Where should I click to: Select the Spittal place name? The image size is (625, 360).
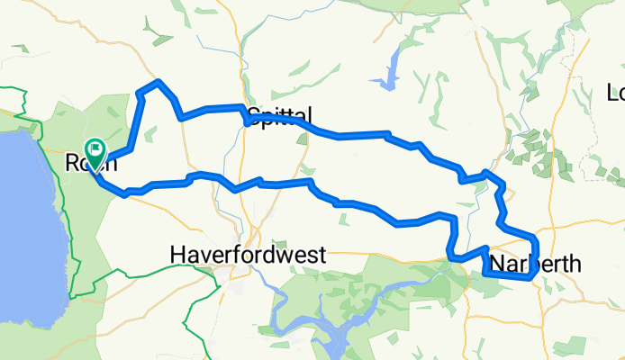tap(279, 115)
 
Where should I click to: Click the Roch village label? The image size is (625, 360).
tap(90, 164)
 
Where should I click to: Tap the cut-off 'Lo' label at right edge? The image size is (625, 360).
tap(616, 92)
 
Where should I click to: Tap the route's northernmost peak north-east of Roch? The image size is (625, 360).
tap(159, 82)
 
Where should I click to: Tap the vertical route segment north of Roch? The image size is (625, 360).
tap(138, 117)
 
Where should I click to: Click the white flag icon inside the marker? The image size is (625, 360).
tap(95, 148)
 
